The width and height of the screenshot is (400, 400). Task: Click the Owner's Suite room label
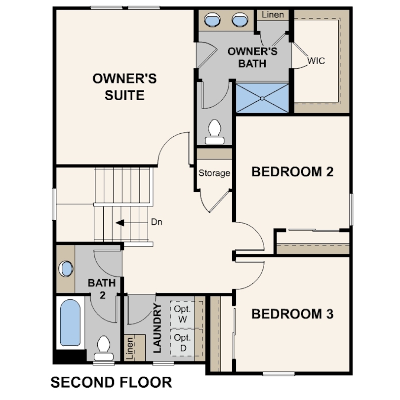pyautogui.click(x=124, y=87)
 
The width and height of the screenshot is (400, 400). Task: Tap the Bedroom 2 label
pyautogui.click(x=292, y=172)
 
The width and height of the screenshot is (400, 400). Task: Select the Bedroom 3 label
pyautogui.click(x=292, y=314)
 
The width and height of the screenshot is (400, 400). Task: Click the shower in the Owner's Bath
pyautogui.click(x=262, y=98)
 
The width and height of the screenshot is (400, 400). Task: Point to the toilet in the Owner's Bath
pyautogui.click(x=214, y=132)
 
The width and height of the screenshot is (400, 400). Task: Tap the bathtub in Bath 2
pyautogui.click(x=70, y=322)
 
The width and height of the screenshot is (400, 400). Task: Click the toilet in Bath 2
pyautogui.click(x=104, y=348)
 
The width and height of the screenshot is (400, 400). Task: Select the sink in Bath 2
pyautogui.click(x=66, y=269)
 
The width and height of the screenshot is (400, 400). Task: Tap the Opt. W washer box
pyautogui.click(x=183, y=314)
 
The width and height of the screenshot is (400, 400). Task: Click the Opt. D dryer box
pyautogui.click(x=183, y=343)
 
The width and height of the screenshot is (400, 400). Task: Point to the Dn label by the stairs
pyautogui.click(x=157, y=222)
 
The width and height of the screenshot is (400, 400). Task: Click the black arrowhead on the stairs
pyautogui.click(x=120, y=223)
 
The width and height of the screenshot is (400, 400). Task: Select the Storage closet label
pyautogui.click(x=214, y=173)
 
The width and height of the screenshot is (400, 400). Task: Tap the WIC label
pyautogui.click(x=317, y=61)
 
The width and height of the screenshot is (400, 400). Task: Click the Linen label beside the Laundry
pyautogui.click(x=130, y=348)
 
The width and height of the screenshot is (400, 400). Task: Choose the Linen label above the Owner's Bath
pyautogui.click(x=273, y=14)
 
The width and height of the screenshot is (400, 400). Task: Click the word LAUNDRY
pyautogui.click(x=157, y=328)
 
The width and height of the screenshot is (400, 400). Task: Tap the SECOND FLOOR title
pyautogui.click(x=111, y=382)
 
